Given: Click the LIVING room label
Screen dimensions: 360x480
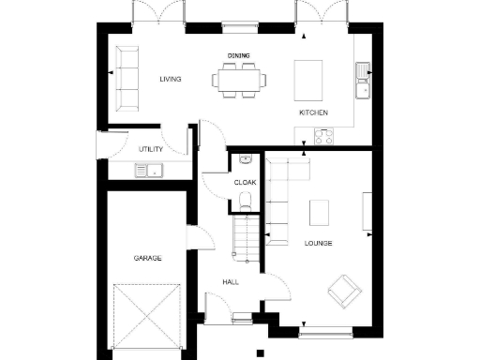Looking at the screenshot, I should pyautogui.click(x=170, y=79).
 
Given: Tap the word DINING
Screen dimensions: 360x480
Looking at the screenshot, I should pyautogui.click(x=238, y=55).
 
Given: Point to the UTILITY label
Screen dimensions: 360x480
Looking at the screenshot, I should pyautogui.click(x=151, y=149).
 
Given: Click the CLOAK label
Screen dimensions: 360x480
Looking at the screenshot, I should pyautogui.click(x=245, y=182).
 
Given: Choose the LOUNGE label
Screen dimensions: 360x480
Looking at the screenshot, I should pyautogui.click(x=319, y=243).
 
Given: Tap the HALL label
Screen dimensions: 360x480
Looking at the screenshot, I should pyautogui.click(x=231, y=281).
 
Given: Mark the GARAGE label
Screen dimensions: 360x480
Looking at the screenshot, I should pyautogui.click(x=146, y=257).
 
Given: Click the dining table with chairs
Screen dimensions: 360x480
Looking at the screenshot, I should pyautogui.click(x=238, y=79).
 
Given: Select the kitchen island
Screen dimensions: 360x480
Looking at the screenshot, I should pyautogui.click(x=309, y=80).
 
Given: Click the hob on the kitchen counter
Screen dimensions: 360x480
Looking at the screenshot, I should pyautogui.click(x=324, y=136).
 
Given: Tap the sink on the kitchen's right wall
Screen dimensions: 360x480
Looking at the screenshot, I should pyautogui.click(x=362, y=81).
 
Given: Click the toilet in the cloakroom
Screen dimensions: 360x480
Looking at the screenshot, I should pyautogui.click(x=244, y=199).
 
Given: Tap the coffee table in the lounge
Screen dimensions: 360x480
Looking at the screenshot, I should pyautogui.click(x=321, y=214).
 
